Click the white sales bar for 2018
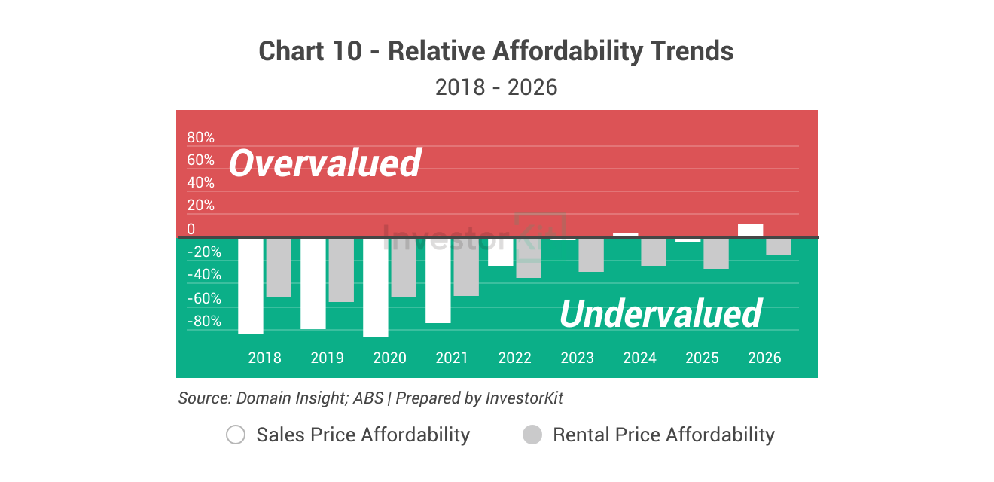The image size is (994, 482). [251, 286]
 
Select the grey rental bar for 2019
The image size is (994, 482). [341, 270]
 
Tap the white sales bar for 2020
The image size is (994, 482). [376, 288]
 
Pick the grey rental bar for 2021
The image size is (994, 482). [466, 267]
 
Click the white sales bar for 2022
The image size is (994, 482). [501, 252]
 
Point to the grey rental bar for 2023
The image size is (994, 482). [591, 255]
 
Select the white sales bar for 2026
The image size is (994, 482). [750, 230]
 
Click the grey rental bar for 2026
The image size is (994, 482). [779, 247]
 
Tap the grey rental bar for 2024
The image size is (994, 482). [654, 252]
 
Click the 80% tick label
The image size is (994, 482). [200, 138]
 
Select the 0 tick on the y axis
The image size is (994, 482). [191, 229]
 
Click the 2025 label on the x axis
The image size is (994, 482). [702, 358]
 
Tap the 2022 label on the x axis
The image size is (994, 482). [514, 358]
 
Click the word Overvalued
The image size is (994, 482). [325, 163]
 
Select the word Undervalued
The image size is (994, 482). [660, 313]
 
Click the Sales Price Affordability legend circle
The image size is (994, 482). [236, 435]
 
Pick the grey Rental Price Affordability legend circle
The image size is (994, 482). [532, 435]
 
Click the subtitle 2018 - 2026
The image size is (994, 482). [496, 87]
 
